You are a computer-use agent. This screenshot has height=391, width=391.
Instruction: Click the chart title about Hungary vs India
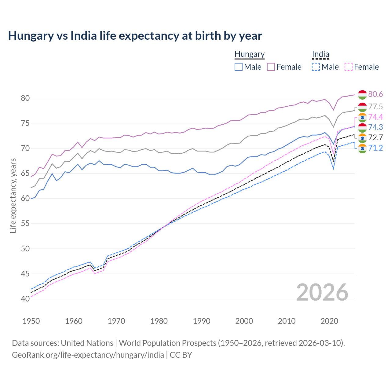[x=135, y=36]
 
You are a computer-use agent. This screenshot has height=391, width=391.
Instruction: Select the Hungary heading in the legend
[x=249, y=54]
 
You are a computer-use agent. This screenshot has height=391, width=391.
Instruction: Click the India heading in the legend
[x=320, y=54]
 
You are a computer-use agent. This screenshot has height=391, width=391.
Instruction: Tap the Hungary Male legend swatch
[x=239, y=67]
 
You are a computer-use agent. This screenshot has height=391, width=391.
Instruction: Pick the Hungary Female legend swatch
[x=271, y=67]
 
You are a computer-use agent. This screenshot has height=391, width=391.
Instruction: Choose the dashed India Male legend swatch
[x=316, y=67]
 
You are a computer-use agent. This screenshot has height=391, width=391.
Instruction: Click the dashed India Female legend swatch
[x=349, y=67]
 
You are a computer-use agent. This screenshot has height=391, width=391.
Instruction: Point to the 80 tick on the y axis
[x=25, y=98]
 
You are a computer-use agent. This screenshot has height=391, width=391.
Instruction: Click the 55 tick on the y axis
[x=25, y=224]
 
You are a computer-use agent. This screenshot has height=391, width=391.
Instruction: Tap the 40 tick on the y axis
[x=25, y=299]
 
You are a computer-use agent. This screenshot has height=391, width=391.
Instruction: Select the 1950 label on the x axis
[x=31, y=321]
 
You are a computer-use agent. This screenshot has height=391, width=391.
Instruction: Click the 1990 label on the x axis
[x=202, y=321]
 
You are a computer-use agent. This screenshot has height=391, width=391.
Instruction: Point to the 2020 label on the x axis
[x=329, y=321]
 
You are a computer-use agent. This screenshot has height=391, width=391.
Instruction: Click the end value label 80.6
[x=375, y=94]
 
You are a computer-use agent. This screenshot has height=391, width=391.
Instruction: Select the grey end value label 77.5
[x=375, y=107]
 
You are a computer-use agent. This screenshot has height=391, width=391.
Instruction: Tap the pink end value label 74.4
[x=375, y=117]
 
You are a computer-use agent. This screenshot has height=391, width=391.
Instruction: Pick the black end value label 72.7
[x=375, y=137]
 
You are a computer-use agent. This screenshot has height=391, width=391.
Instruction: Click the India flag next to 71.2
[x=362, y=148]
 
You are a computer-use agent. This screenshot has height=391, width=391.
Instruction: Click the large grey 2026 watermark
[x=322, y=292]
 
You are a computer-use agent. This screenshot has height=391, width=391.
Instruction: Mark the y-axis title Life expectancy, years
[x=13, y=195]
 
